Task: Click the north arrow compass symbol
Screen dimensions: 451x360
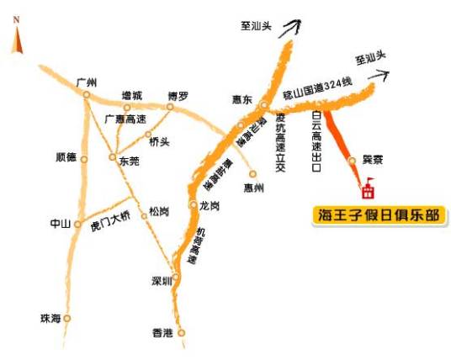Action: click(16, 39)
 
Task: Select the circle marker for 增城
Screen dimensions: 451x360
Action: click(127, 107)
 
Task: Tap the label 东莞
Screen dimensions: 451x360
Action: click(130, 160)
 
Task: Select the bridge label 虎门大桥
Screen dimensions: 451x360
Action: click(112, 226)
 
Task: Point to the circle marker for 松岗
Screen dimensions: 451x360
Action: click(144, 216)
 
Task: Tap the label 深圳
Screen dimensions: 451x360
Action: click(161, 280)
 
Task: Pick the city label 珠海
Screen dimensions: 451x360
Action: click(50, 318)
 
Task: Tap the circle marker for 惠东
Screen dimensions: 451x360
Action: click(263, 105)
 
